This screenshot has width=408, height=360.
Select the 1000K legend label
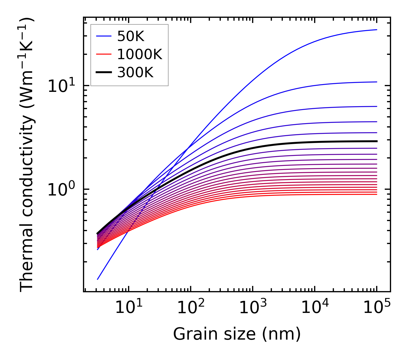tap(140, 55)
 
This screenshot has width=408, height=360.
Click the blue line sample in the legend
tap(103, 36)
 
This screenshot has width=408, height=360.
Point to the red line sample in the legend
tap(103, 54)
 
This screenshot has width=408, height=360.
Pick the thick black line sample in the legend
tap(103, 73)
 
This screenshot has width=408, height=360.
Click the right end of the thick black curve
tap(376, 141)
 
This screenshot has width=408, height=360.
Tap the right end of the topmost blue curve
tap(376, 30)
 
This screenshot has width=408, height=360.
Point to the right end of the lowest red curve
tap(376, 194)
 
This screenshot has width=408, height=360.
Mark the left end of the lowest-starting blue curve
tap(98, 279)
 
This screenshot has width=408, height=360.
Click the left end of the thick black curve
tap(98, 233)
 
